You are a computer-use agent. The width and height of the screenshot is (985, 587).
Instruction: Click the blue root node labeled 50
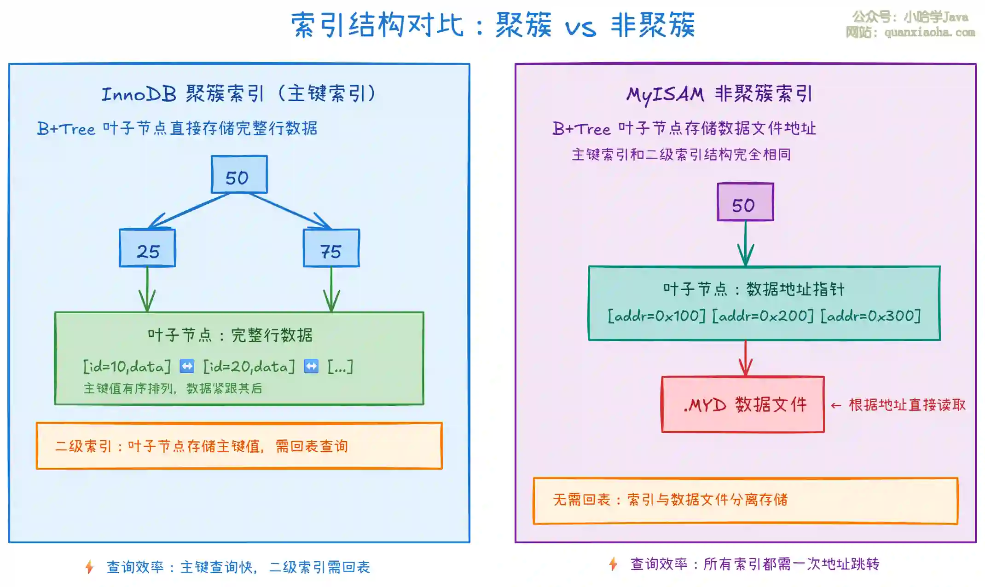239,175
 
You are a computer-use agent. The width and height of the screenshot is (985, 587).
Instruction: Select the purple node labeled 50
745,202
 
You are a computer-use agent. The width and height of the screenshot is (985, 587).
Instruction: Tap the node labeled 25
147,248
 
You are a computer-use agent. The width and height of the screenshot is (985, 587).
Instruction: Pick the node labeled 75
331,248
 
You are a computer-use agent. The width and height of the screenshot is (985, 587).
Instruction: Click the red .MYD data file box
742,405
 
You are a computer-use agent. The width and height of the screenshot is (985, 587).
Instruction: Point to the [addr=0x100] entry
656,316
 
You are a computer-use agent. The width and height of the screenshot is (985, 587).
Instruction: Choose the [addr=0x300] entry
871,316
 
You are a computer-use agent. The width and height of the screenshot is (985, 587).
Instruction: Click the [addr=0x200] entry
763,316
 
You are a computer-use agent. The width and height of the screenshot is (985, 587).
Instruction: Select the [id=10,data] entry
127,367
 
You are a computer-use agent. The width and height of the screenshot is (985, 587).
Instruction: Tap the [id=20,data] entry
249,367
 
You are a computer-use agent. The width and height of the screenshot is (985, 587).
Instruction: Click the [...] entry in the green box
340,367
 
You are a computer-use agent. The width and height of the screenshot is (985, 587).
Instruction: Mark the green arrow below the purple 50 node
746,244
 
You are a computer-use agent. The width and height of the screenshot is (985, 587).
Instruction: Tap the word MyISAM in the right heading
665,95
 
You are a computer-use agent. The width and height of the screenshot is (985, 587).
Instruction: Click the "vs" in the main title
580,28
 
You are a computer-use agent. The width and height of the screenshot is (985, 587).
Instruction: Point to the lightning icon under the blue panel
90,567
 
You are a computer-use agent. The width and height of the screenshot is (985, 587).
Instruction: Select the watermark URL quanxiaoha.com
929,32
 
